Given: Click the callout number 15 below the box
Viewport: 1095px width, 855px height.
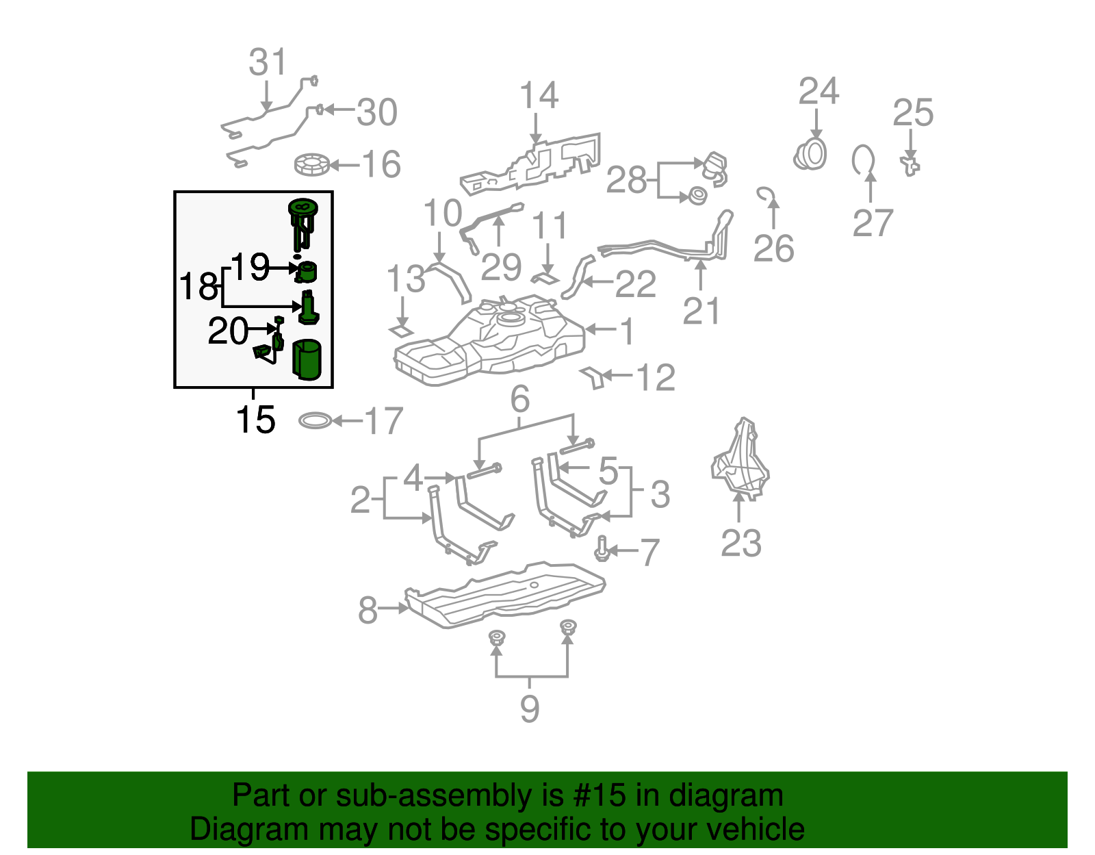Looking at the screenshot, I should tap(255, 420).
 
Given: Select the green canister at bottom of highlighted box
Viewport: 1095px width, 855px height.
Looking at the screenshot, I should tap(307, 359).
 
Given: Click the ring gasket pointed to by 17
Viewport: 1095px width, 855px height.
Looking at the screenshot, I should tap(315, 420).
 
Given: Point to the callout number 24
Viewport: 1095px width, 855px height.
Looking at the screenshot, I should tap(819, 91).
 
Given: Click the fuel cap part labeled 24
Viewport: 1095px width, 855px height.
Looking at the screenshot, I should tap(811, 154).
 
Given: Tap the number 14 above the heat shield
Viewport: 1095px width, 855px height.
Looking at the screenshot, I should tap(539, 96).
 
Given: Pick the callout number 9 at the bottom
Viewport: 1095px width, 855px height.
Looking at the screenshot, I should tap(530, 709).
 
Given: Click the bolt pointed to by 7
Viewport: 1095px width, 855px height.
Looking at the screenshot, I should tap(602, 548).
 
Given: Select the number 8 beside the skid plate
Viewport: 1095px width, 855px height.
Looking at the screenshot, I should tap(368, 609).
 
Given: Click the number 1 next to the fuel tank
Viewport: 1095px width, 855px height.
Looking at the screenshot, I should tap(626, 331).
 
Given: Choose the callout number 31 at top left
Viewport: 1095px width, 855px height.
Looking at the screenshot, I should tap(268, 62).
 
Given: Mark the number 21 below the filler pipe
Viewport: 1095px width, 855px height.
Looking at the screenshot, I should tap(701, 311).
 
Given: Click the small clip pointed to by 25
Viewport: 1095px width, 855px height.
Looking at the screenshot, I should tap(910, 165).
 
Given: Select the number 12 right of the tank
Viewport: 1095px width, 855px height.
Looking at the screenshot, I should tap(656, 377).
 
